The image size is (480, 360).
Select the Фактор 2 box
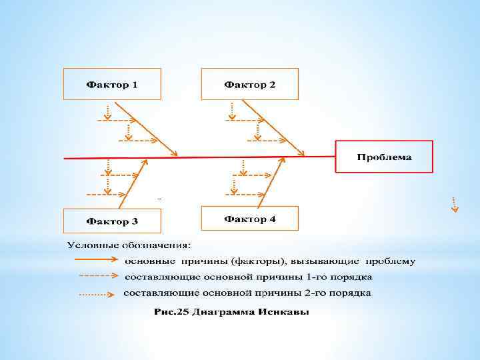(x=249, y=84)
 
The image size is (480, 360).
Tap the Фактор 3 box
(x=111, y=220)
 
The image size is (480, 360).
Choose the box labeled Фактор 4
(x=249, y=218)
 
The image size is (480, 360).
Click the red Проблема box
(x=383, y=157)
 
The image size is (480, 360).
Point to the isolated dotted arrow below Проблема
(x=454, y=204)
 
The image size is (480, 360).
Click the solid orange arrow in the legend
(x=97, y=260)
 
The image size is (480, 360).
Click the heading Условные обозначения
(x=128, y=244)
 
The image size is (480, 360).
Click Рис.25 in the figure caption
(x=170, y=312)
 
